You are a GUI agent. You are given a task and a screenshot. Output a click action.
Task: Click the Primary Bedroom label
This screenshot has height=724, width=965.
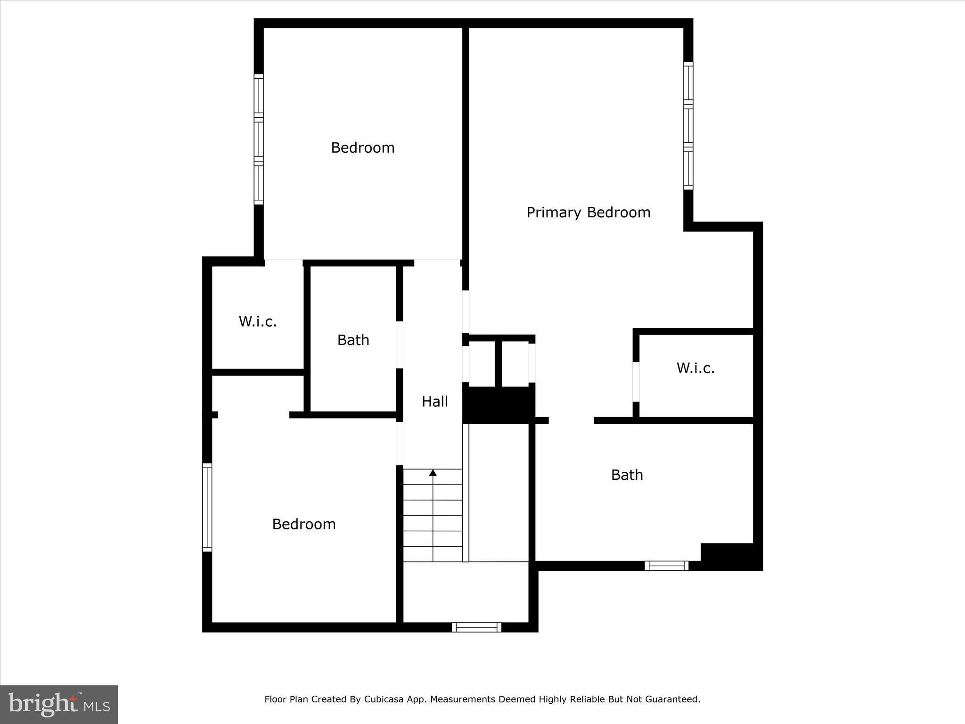(x=588, y=213)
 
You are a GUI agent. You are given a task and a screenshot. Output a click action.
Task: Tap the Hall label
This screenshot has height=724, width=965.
(x=434, y=402)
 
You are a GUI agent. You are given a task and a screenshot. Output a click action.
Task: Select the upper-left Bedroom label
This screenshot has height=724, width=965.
(x=362, y=148)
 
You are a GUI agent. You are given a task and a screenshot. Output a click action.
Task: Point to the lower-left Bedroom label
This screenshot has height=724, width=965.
(x=304, y=524)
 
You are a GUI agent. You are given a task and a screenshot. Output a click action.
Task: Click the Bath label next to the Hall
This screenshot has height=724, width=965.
(x=353, y=340)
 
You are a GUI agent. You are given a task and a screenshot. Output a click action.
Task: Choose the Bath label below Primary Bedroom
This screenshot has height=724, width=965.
(x=627, y=475)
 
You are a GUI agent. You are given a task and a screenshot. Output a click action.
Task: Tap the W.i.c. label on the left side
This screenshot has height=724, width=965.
(x=258, y=321)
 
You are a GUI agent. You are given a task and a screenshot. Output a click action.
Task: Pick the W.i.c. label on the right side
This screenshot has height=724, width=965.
(x=695, y=368)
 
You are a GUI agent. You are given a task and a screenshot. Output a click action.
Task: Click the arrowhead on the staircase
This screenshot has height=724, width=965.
(x=433, y=472)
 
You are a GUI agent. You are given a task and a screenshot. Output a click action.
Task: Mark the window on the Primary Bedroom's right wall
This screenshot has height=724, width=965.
(x=688, y=126)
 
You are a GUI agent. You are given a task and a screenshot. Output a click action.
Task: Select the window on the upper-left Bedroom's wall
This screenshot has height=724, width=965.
(x=259, y=139)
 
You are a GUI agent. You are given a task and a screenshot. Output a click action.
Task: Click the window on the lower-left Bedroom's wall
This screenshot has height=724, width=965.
(x=207, y=507)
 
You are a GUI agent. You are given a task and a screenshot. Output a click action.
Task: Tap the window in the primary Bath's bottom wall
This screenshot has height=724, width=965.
(x=666, y=566)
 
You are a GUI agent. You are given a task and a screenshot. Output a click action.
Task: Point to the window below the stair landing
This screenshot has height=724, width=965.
(x=476, y=627)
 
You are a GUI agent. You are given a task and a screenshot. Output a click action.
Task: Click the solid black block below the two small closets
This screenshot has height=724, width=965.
(x=499, y=404)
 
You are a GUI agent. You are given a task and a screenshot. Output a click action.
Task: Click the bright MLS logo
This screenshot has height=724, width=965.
(x=59, y=704)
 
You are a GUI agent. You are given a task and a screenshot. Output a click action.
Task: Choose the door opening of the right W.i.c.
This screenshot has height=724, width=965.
(x=636, y=381)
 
